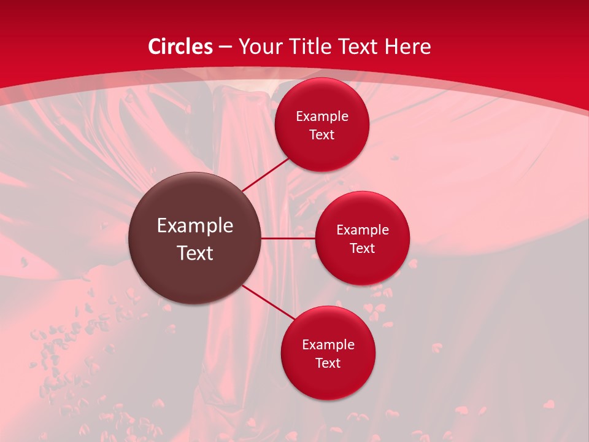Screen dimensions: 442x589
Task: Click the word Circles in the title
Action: click(180, 47)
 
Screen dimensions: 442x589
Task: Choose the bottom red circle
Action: click(328, 381)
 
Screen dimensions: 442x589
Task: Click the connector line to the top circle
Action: click(266, 175)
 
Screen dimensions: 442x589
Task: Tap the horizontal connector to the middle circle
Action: click(288, 238)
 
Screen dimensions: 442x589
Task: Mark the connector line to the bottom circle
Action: click(268, 303)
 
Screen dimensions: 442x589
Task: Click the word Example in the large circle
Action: click(195, 226)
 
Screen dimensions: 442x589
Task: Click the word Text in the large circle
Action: click(195, 253)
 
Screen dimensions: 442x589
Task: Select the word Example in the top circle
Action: click(321, 117)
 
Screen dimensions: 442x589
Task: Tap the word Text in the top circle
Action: click(321, 135)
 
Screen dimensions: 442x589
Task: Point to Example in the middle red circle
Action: click(362, 230)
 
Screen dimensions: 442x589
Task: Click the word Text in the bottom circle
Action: click(328, 363)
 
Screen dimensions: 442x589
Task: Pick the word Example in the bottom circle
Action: click(328, 345)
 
